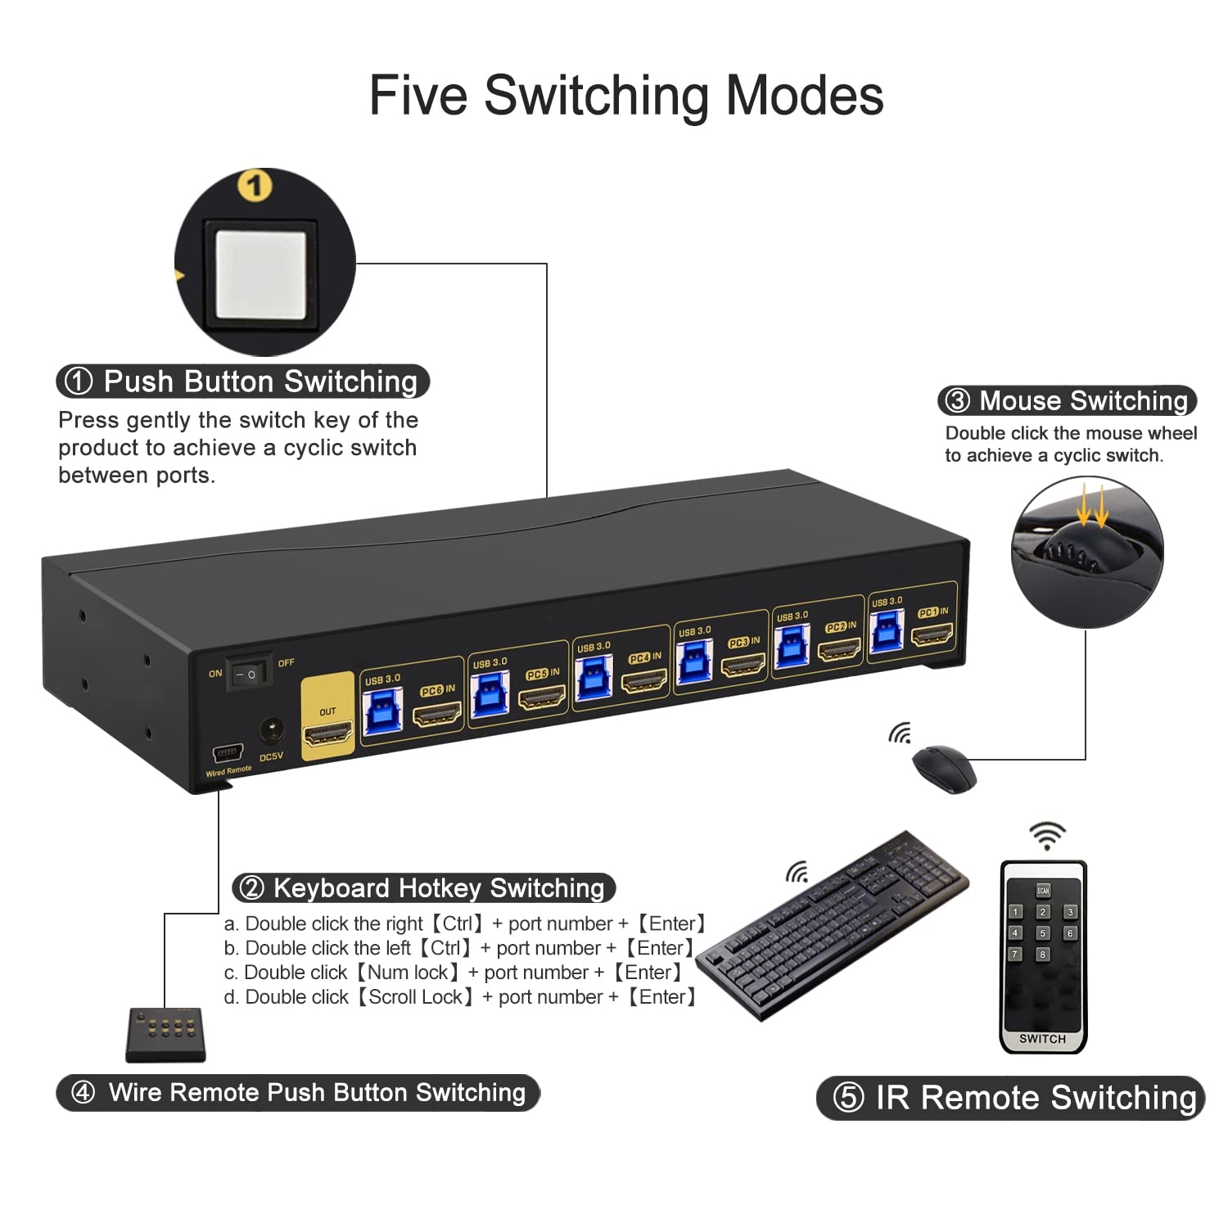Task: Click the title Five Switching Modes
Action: [x=626, y=96]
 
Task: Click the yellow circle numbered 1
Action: [x=255, y=186]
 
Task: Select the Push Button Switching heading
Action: [x=244, y=381]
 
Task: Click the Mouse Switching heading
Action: [x=1068, y=400]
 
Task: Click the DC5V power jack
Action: [x=271, y=730]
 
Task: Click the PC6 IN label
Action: [x=438, y=690]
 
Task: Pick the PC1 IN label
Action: [x=932, y=612]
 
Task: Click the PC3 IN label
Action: [x=743, y=643]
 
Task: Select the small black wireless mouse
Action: [x=944, y=768]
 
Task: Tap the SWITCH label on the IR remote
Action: [x=1042, y=1039]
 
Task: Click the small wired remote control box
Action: [x=166, y=1034]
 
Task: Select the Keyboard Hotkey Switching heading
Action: [x=423, y=888]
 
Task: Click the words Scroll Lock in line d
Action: [x=415, y=997]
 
